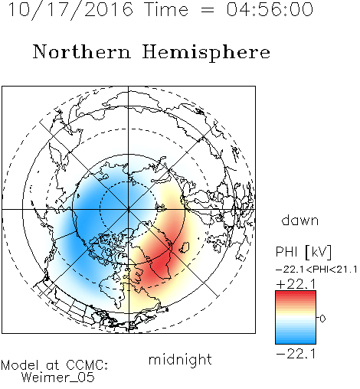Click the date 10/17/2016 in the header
click(70, 10)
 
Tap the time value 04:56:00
click(270, 9)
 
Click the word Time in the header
click(166, 9)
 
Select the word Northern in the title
click(81, 51)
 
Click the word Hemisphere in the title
click(206, 53)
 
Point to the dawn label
click(300, 220)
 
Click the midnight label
click(180, 359)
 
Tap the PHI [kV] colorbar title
click(303, 252)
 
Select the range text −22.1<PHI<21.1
click(316, 270)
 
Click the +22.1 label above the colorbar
click(296, 284)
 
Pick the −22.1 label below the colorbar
click(296, 354)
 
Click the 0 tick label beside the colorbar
click(322, 319)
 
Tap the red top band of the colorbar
click(296, 294)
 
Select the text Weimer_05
click(58, 378)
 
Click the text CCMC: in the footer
click(87, 365)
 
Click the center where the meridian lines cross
click(129, 209)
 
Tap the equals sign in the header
click(208, 10)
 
